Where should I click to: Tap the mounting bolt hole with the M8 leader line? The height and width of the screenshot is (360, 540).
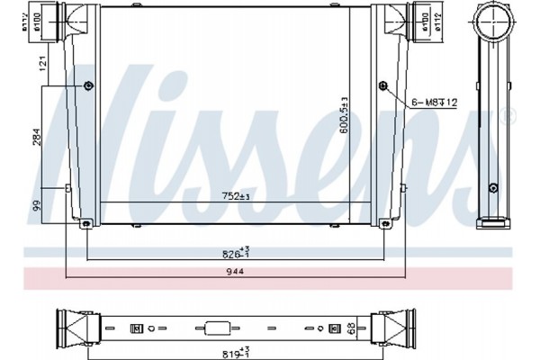[x=384, y=86]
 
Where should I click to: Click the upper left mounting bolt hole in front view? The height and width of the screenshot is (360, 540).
[x=87, y=86]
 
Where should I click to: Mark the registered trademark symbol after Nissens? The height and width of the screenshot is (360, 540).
[x=509, y=114]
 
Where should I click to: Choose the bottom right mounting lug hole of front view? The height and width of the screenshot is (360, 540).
[x=387, y=223]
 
